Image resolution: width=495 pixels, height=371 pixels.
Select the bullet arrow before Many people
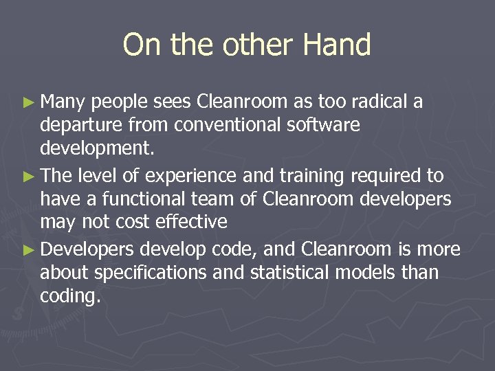(x=27, y=103)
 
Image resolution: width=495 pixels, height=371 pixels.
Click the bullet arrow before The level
(x=27, y=177)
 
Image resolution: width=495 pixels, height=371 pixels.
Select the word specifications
(x=150, y=273)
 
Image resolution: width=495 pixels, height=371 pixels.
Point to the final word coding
(x=70, y=297)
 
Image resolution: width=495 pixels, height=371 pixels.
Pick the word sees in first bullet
(x=172, y=102)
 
